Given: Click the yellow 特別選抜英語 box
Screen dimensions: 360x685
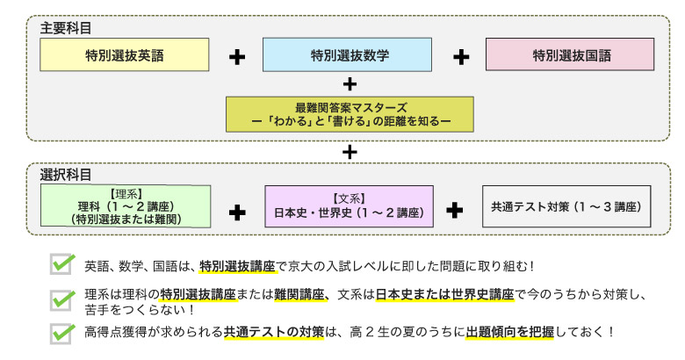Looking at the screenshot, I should (125, 55).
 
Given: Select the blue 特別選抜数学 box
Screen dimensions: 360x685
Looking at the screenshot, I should (349, 55).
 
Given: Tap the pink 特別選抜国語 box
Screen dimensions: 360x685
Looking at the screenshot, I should (570, 55).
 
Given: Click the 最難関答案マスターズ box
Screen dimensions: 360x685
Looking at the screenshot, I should (350, 113).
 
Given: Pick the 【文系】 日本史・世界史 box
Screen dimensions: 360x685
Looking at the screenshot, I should (349, 208).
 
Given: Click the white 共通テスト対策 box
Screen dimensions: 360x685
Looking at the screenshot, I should (566, 208).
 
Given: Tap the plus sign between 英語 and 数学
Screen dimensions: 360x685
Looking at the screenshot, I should (237, 57).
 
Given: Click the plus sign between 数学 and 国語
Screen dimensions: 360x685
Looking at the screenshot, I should (461, 57).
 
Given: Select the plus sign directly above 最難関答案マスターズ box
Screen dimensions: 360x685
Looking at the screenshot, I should (350, 84).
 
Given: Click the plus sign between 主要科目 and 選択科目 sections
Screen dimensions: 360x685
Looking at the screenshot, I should (350, 151).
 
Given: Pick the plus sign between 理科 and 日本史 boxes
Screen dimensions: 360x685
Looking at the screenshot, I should (237, 211).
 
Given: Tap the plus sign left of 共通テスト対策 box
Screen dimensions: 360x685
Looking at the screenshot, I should (455, 211).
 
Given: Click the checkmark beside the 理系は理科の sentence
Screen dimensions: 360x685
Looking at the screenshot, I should (62, 299).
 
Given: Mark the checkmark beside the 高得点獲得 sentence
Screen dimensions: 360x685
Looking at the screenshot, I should (62, 333).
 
